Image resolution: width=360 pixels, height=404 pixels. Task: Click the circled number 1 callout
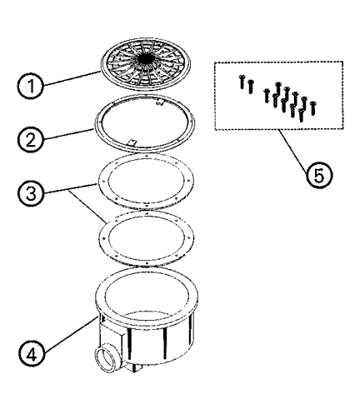(31, 86)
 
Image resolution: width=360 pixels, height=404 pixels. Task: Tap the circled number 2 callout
(31, 140)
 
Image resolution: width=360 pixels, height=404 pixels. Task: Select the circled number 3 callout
(31, 193)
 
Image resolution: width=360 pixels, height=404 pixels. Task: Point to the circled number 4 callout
(32, 355)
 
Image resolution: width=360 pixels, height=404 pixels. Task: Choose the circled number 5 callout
(319, 175)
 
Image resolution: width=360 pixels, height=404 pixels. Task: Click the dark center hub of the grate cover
(147, 57)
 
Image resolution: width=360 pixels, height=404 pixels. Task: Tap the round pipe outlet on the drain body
(104, 358)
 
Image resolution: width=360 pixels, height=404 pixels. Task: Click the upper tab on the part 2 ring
(160, 102)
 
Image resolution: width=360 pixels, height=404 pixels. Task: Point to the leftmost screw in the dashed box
(242, 82)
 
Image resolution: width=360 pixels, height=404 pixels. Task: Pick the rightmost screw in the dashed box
(313, 108)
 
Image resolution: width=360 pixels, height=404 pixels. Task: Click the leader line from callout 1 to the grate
(72, 77)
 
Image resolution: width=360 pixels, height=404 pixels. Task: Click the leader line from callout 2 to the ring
(68, 133)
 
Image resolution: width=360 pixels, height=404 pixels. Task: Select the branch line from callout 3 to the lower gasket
(88, 206)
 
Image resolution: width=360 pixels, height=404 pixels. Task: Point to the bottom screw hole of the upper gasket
(147, 206)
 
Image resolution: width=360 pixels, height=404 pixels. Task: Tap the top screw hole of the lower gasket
(147, 213)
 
